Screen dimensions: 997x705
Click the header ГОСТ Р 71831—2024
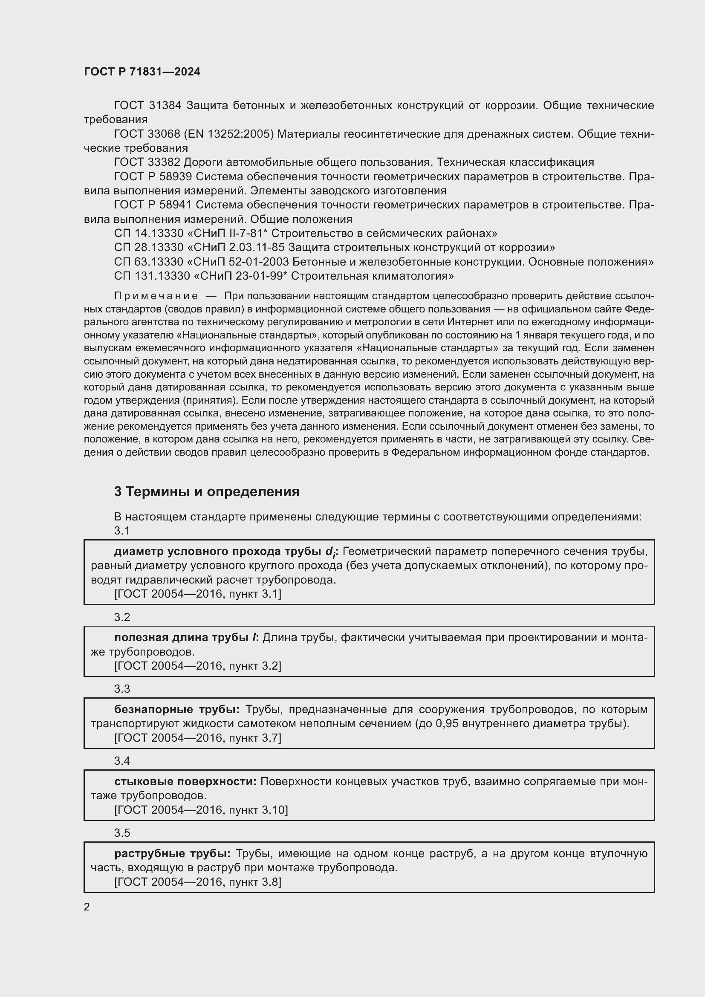coord(142,72)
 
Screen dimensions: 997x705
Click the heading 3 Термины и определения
coord(207,491)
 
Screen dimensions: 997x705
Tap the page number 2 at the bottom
coord(87,907)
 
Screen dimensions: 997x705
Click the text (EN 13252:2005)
coord(229,134)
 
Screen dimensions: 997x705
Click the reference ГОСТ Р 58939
coord(154,177)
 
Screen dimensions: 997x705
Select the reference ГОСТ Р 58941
coord(154,205)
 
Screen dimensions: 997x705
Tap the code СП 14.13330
coord(148,234)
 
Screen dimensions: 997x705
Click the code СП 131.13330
coord(152,276)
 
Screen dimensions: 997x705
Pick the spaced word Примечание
coord(156,296)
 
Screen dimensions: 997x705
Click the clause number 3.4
coord(122,761)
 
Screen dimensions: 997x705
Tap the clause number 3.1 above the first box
coord(122,531)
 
